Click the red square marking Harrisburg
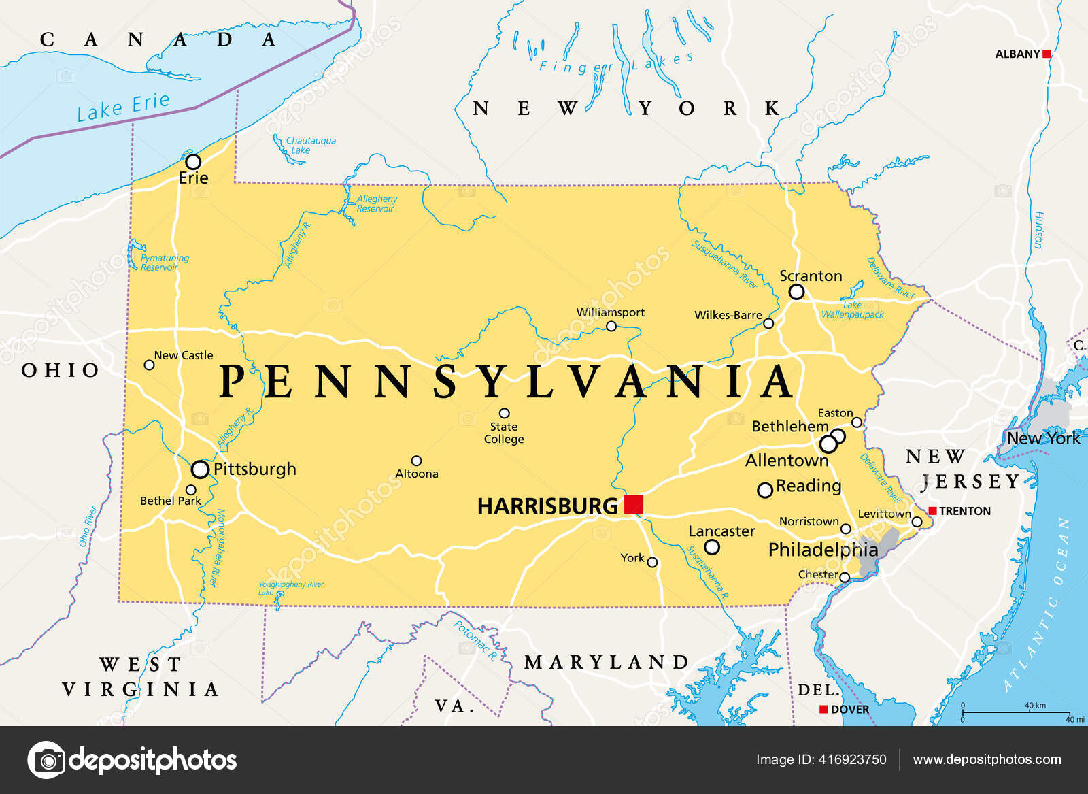[634, 504]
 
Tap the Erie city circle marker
[193, 162]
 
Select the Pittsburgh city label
[255, 469]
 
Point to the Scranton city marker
[796, 292]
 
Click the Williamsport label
[610, 312]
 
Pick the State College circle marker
[504, 413]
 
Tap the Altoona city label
[417, 474]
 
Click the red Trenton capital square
[932, 511]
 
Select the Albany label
[1017, 54]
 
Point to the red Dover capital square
[823, 709]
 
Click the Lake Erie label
[123, 107]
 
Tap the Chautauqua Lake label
[310, 145]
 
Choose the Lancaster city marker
[711, 547]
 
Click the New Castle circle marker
[149, 365]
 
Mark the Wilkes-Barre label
[728, 315]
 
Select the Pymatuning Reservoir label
[165, 263]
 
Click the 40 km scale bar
[1016, 712]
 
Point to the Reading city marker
[765, 490]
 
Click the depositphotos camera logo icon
[47, 759]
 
